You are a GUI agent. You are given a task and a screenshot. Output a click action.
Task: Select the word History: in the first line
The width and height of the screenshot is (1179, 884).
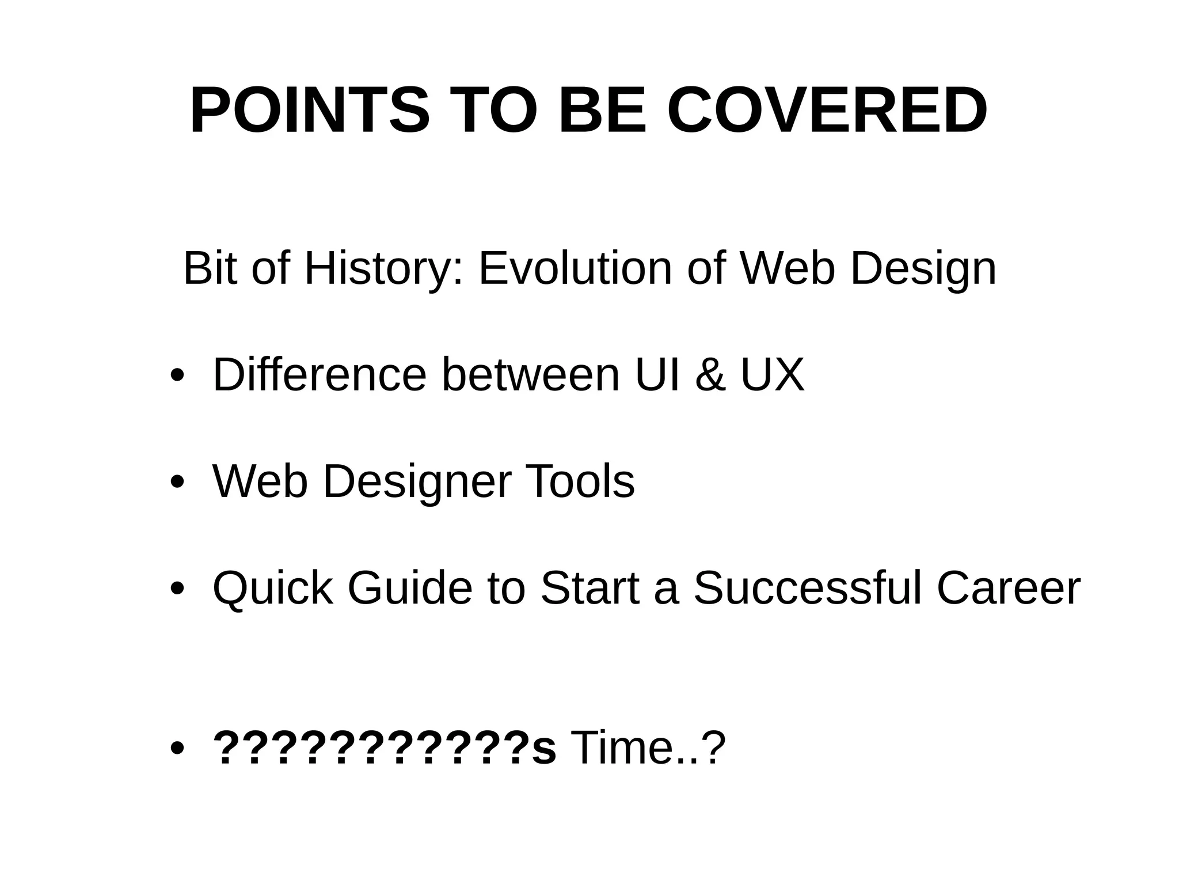[383, 269]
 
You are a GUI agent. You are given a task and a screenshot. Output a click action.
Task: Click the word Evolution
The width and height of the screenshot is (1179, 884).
[575, 269]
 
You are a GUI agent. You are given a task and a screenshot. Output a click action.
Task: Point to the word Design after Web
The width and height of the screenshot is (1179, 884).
[923, 269]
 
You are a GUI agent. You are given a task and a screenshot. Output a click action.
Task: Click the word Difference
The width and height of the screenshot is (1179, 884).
[320, 375]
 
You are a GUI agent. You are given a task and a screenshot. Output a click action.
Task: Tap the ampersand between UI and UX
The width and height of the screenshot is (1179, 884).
[710, 375]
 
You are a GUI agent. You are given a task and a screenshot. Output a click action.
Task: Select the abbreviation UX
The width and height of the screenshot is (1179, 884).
[772, 375]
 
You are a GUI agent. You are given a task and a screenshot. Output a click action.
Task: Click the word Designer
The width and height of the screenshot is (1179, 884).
[417, 481]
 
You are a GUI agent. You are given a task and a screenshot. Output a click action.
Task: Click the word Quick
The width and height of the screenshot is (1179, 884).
[272, 588]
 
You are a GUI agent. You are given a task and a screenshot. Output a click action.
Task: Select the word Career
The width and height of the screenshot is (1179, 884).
[1008, 588]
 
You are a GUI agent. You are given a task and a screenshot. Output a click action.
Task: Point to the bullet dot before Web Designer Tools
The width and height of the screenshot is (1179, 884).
[177, 482]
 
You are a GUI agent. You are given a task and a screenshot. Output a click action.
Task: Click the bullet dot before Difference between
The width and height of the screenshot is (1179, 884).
[177, 376]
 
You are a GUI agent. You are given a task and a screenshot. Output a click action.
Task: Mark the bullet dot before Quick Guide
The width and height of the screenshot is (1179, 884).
[177, 589]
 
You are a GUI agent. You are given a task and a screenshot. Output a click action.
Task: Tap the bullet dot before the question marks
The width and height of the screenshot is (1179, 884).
[177, 749]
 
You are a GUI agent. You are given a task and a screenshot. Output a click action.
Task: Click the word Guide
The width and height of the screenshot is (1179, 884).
[409, 588]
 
